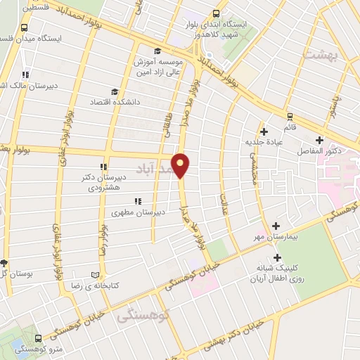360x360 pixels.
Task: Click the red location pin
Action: click(x=181, y=164)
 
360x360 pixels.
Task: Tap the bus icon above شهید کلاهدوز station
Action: click(x=215, y=13)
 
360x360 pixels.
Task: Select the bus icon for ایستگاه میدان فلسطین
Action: click(x=25, y=28)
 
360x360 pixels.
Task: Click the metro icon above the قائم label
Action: click(x=289, y=116)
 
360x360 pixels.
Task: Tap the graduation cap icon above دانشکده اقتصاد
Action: click(x=115, y=91)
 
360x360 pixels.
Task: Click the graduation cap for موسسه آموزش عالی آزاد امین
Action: click(x=157, y=51)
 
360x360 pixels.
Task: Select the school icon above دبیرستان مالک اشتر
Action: click(x=25, y=75)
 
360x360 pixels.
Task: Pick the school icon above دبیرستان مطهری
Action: click(x=138, y=201)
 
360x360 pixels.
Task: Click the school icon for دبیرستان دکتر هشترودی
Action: click(x=103, y=167)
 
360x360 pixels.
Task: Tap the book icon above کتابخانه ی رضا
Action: click(x=96, y=275)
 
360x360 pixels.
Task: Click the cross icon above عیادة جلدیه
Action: click(x=264, y=131)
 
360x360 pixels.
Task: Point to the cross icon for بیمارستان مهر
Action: click(x=276, y=226)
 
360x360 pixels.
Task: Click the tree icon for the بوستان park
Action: click(x=4, y=262)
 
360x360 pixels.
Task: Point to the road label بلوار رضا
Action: click(x=103, y=240)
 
